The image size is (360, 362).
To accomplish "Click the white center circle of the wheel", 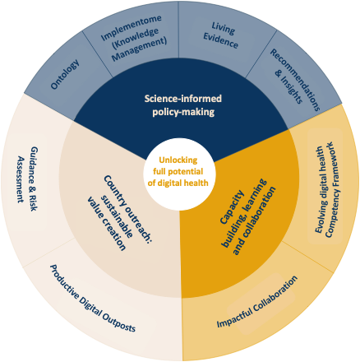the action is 179,174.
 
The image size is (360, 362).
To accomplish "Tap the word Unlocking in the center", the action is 178,160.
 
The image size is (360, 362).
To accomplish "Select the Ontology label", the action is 65,74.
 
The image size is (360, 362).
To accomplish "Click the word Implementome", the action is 132,28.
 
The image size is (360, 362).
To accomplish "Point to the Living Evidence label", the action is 221,35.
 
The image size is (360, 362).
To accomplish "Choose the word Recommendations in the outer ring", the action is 295,80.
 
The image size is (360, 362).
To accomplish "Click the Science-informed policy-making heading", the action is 183,105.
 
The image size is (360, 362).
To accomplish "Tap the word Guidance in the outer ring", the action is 35,167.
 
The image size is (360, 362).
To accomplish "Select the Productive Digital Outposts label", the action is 93,298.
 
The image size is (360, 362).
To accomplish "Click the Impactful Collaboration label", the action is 257,301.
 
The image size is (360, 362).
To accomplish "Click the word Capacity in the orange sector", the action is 232,207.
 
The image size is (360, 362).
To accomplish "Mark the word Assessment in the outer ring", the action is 21,179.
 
